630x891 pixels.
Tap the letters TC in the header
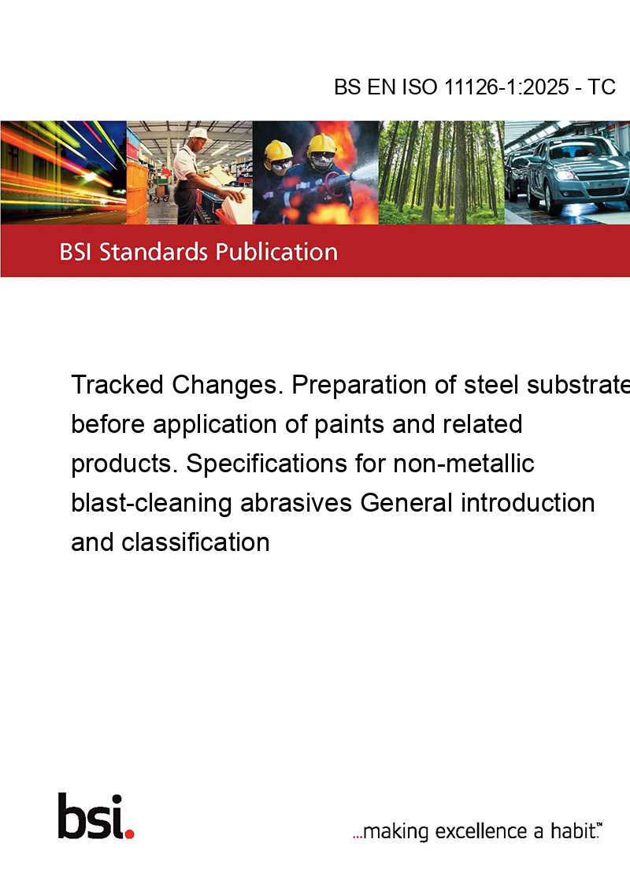click(602, 87)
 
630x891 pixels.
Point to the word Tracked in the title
click(117, 385)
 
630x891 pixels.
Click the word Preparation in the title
click(359, 386)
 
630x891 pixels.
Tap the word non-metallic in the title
click(463, 463)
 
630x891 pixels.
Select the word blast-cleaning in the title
click(151, 504)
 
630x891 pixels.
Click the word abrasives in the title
click(295, 503)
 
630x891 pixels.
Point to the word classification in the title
click(195, 542)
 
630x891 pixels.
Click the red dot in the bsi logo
click(129, 834)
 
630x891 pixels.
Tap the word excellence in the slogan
click(481, 831)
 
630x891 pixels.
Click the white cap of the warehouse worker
click(199, 134)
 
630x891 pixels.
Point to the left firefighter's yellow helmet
click(278, 152)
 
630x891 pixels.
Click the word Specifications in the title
click(267, 464)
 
